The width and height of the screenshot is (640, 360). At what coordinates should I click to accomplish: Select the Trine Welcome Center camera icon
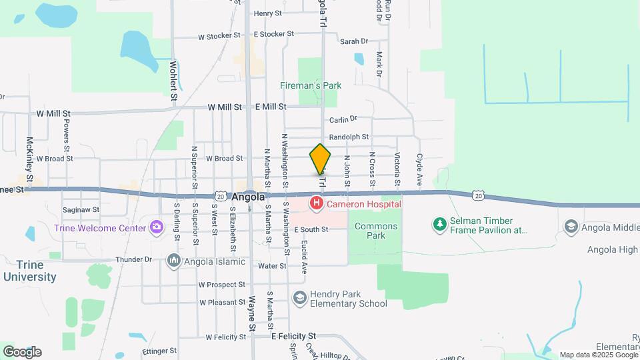click(x=157, y=228)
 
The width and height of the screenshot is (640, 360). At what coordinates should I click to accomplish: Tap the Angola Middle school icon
click(x=571, y=227)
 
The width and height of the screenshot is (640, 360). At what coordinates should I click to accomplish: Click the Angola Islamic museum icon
click(x=174, y=260)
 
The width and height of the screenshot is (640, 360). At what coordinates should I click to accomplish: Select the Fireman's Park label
click(x=310, y=85)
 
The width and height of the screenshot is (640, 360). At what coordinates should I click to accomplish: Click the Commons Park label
click(x=376, y=231)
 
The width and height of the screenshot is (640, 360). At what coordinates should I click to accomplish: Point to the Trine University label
click(x=29, y=271)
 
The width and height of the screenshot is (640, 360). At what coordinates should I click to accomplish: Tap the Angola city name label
click(x=249, y=197)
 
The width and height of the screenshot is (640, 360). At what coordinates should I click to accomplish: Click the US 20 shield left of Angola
click(x=221, y=196)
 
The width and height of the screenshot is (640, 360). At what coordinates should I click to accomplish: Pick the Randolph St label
click(x=353, y=137)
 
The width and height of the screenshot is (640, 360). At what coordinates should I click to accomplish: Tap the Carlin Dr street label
click(x=343, y=119)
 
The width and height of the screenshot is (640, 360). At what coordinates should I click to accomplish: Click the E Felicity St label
click(x=293, y=336)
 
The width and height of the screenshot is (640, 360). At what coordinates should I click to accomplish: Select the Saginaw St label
click(x=81, y=209)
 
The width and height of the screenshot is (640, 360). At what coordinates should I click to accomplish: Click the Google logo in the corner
click(x=22, y=352)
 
